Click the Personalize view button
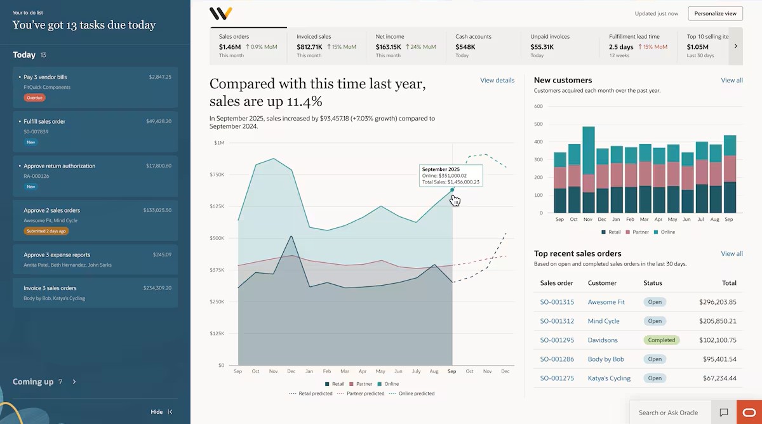pos(715,13)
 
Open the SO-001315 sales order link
pos(557,302)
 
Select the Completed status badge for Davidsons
pos(661,340)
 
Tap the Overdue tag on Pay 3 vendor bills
pos(35,98)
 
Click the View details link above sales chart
pos(497,81)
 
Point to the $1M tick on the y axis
pos(218,143)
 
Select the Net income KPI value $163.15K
pos(388,47)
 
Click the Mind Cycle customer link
pos(603,321)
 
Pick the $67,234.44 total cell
pos(718,378)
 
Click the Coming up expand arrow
pos(74,382)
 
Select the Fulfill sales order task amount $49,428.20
pos(158,121)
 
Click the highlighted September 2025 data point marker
pos(452,189)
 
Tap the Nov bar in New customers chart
pos(589,169)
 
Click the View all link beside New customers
pos(732,81)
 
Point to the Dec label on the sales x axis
pos(505,371)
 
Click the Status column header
pos(653,283)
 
